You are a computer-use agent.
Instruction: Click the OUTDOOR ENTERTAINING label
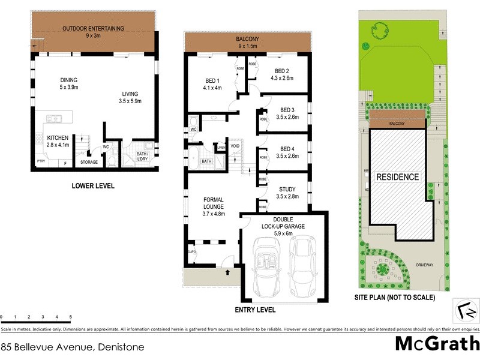(x=93, y=28)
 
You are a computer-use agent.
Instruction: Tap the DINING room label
(x=68, y=80)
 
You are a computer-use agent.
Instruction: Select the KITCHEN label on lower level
(x=58, y=137)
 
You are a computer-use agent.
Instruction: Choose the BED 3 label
(x=287, y=110)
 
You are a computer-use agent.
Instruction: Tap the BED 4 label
(x=287, y=149)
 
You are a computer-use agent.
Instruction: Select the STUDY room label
(x=287, y=189)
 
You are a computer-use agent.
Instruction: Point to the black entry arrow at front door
(x=227, y=273)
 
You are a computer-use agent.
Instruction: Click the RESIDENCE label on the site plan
(x=397, y=178)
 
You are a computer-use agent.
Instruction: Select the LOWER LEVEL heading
(x=92, y=186)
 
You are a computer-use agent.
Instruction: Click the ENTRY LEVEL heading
(x=255, y=310)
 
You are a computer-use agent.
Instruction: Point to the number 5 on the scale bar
(x=70, y=316)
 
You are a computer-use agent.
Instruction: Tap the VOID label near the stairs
(x=235, y=146)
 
